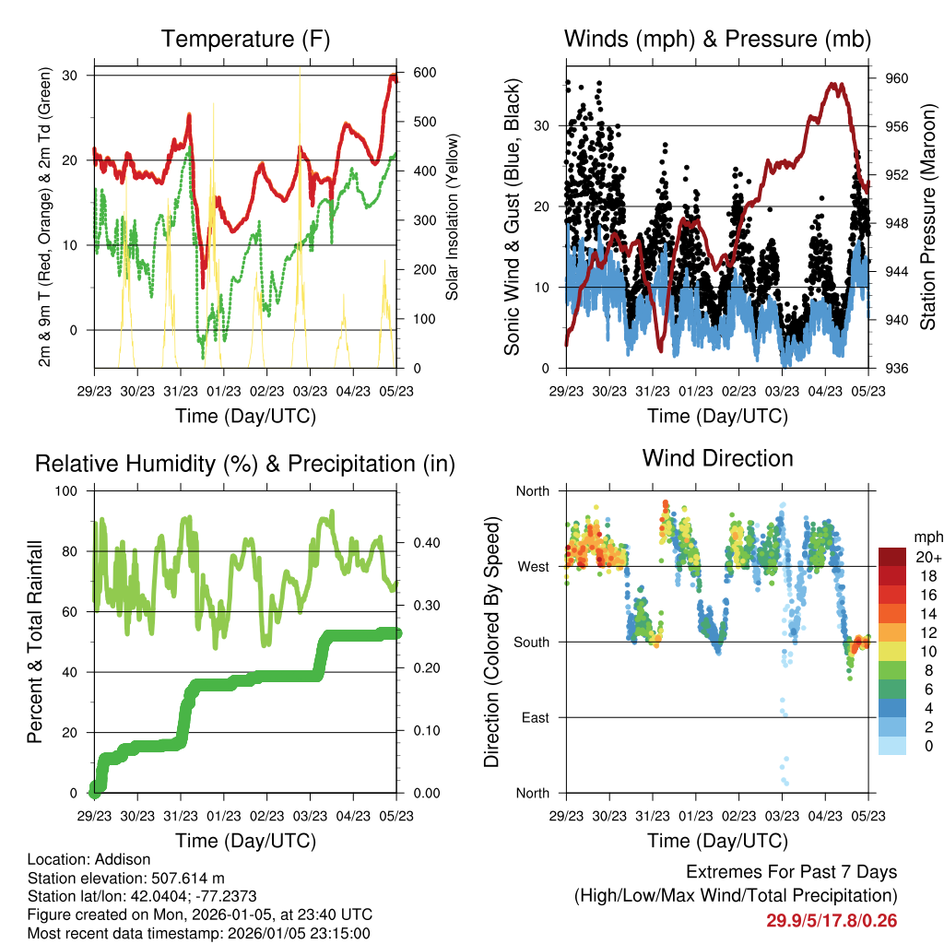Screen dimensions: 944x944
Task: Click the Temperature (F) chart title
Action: pos(245,40)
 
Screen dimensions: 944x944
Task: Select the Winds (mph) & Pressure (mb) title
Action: pos(717,40)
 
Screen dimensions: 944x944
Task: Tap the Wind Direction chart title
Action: pos(717,458)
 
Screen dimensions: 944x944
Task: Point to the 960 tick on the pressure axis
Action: pos(897,78)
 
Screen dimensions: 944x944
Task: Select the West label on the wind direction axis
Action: pos(532,566)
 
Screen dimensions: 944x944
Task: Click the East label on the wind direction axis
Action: pos(534,717)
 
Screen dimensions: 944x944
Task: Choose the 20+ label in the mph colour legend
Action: pos(928,557)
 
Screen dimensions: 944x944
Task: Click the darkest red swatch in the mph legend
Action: pos(892,557)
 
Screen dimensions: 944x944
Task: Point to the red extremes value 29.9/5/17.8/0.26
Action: pos(832,920)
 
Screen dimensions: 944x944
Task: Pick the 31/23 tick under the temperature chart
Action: pos(180,391)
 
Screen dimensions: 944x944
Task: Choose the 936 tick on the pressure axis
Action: pos(897,369)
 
